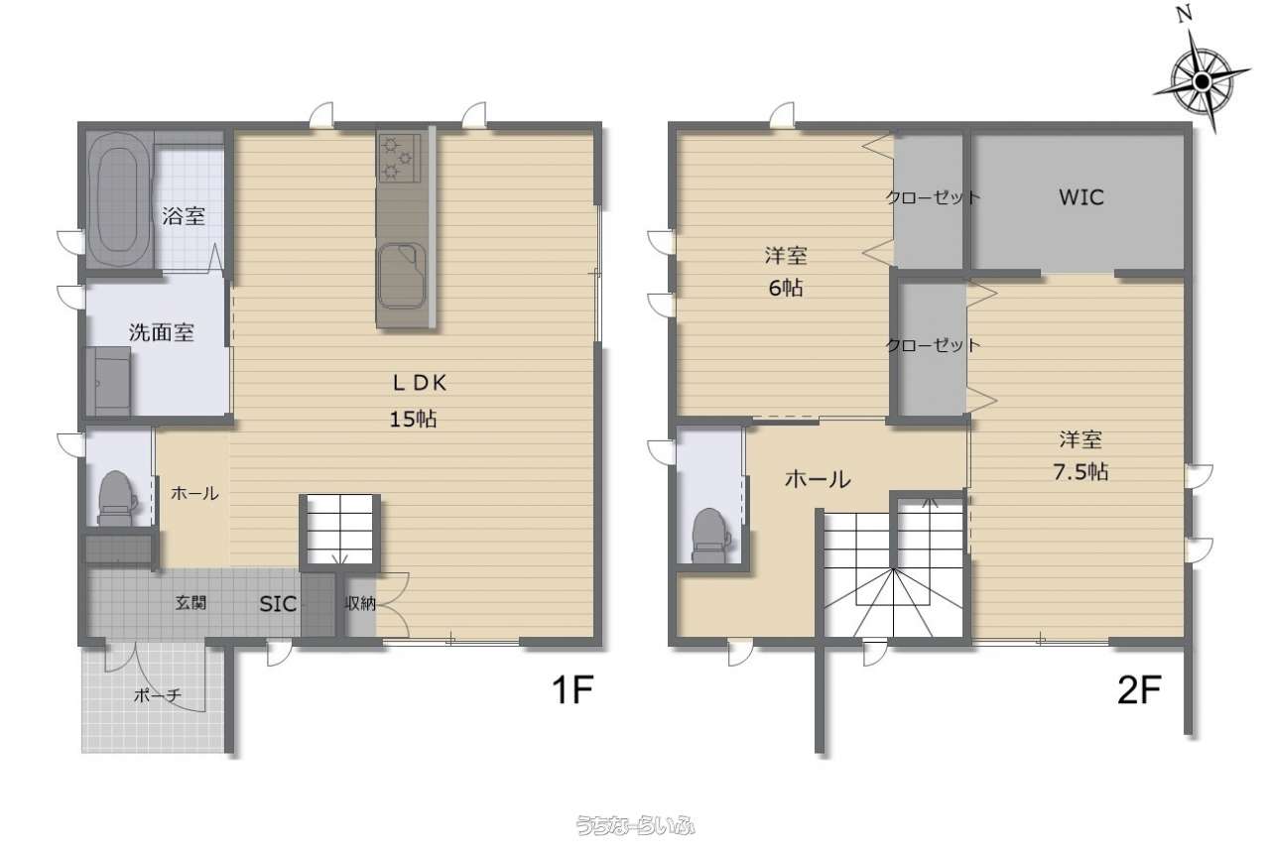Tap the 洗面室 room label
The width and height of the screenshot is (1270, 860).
(162, 332)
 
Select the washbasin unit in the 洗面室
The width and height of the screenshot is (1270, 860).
(108, 381)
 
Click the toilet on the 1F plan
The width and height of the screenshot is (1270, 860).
(117, 498)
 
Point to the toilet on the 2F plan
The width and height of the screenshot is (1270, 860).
(711, 536)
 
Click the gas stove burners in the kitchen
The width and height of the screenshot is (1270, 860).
(398, 158)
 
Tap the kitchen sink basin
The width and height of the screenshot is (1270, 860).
(402, 276)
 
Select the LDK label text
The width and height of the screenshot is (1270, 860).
(420, 384)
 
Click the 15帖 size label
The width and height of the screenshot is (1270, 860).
(414, 420)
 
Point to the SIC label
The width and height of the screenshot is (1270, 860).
(278, 604)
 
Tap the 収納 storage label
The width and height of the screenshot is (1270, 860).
(360, 604)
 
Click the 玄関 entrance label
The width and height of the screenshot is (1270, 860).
(190, 603)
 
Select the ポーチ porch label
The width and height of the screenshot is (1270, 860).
(157, 695)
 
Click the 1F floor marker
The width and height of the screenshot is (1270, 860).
(572, 689)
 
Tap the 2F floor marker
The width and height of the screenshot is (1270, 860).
(1139, 689)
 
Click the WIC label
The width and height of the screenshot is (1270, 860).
(1081, 197)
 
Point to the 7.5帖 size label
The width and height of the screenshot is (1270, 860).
(1080, 472)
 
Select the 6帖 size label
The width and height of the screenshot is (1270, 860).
(786, 288)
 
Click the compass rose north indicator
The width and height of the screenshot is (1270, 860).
(1202, 80)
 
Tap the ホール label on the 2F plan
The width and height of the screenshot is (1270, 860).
(818, 480)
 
